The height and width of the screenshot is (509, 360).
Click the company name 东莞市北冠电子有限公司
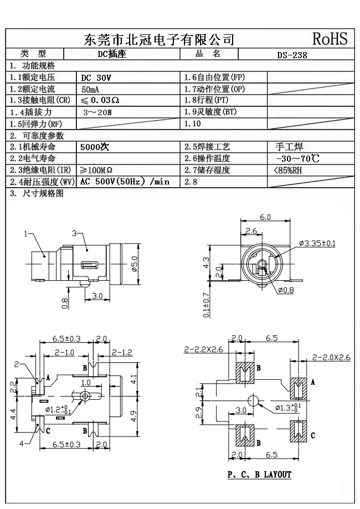pyautogui.click(x=158, y=39)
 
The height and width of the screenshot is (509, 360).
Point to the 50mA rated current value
pyautogui.click(x=91, y=89)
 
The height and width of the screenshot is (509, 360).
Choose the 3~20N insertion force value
pyautogui.click(x=97, y=112)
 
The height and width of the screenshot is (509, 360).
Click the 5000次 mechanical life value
pyautogui.click(x=95, y=147)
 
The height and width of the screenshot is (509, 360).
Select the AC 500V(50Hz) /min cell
pyautogui.click(x=125, y=182)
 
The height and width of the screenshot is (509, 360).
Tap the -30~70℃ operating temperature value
pyautogui.click(x=297, y=159)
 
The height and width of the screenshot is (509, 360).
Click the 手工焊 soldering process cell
pyautogui.click(x=289, y=147)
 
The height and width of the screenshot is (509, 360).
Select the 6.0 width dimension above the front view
pyautogui.click(x=265, y=217)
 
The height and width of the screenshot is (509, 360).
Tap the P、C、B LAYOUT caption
pyautogui.click(x=259, y=475)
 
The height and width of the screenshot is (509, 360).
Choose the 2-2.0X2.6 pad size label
pyautogui.click(x=331, y=358)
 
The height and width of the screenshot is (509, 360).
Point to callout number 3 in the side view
pyautogui.click(x=74, y=233)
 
